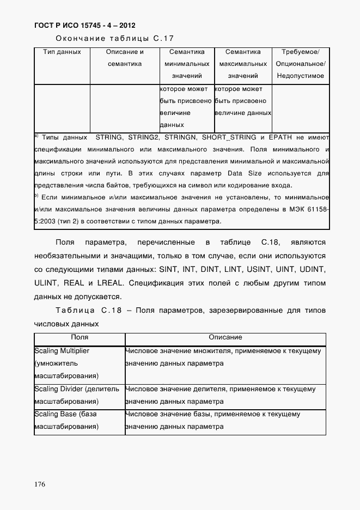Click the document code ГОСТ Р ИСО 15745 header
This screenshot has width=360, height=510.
click(84, 25)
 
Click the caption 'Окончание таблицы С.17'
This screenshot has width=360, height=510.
click(114, 39)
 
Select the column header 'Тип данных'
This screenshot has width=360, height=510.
click(62, 52)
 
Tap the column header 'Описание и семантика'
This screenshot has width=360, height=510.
click(124, 58)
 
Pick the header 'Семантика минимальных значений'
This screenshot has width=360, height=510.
click(187, 64)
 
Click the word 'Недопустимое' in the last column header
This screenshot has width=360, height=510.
click(300, 76)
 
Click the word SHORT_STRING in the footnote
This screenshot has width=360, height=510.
click(226, 137)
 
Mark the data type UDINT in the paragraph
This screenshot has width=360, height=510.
click(310, 270)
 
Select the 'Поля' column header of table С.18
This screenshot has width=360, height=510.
click(80, 338)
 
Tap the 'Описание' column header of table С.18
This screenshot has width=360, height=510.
click(225, 338)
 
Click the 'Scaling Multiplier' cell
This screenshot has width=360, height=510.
click(62, 351)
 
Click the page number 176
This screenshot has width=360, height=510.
click(40, 484)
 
